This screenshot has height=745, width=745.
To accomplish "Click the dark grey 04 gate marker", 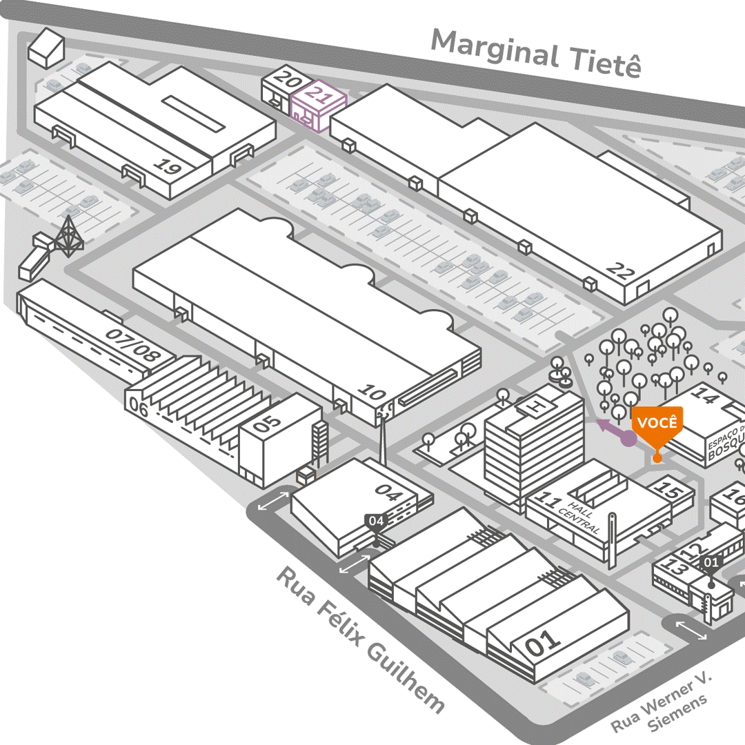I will coord(375,521).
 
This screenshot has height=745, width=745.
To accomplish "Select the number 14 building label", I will coord(704,396).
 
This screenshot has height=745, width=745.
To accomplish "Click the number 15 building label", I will coord(667,490).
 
